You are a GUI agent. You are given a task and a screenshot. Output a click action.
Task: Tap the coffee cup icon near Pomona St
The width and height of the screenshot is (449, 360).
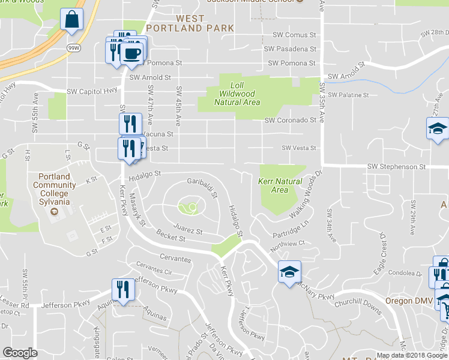click(x=131, y=54)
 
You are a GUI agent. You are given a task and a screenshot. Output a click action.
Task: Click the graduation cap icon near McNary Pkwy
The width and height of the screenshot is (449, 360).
click(x=289, y=272)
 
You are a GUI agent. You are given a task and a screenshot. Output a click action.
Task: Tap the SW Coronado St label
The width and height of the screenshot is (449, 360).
click(x=291, y=120)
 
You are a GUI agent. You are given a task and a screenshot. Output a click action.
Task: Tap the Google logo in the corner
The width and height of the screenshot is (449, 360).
click(x=20, y=353)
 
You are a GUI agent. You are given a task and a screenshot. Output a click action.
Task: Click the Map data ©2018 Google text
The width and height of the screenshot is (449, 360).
click(x=411, y=355)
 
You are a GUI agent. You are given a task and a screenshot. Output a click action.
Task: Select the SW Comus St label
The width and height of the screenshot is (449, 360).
click(x=294, y=35)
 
